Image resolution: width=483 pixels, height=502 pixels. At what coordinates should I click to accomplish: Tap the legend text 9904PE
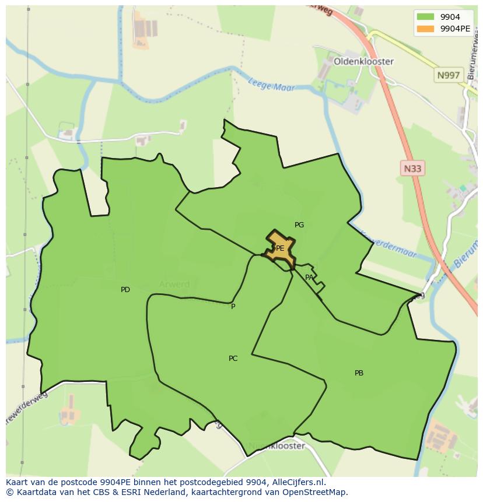[455, 29]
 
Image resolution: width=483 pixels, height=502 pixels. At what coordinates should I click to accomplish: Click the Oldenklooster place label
[363, 61]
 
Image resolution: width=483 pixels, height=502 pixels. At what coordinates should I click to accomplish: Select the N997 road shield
[448, 75]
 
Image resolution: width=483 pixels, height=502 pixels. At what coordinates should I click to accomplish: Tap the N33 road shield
[412, 168]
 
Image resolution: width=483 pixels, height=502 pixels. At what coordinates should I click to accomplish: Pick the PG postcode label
[299, 225]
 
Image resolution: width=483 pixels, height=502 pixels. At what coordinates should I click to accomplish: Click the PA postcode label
[309, 278]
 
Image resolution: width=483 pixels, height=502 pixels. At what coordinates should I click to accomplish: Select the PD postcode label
[125, 290]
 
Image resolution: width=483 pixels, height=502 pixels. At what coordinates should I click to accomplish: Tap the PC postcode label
[233, 359]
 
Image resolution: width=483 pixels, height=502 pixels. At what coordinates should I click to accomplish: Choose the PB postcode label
[359, 373]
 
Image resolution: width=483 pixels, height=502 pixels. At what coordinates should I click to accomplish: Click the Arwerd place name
[174, 285]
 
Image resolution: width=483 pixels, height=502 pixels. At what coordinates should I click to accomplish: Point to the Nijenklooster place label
[276, 446]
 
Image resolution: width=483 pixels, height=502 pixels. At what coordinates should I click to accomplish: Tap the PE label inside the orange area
[280, 248]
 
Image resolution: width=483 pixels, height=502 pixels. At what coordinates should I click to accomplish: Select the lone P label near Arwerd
[233, 307]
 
